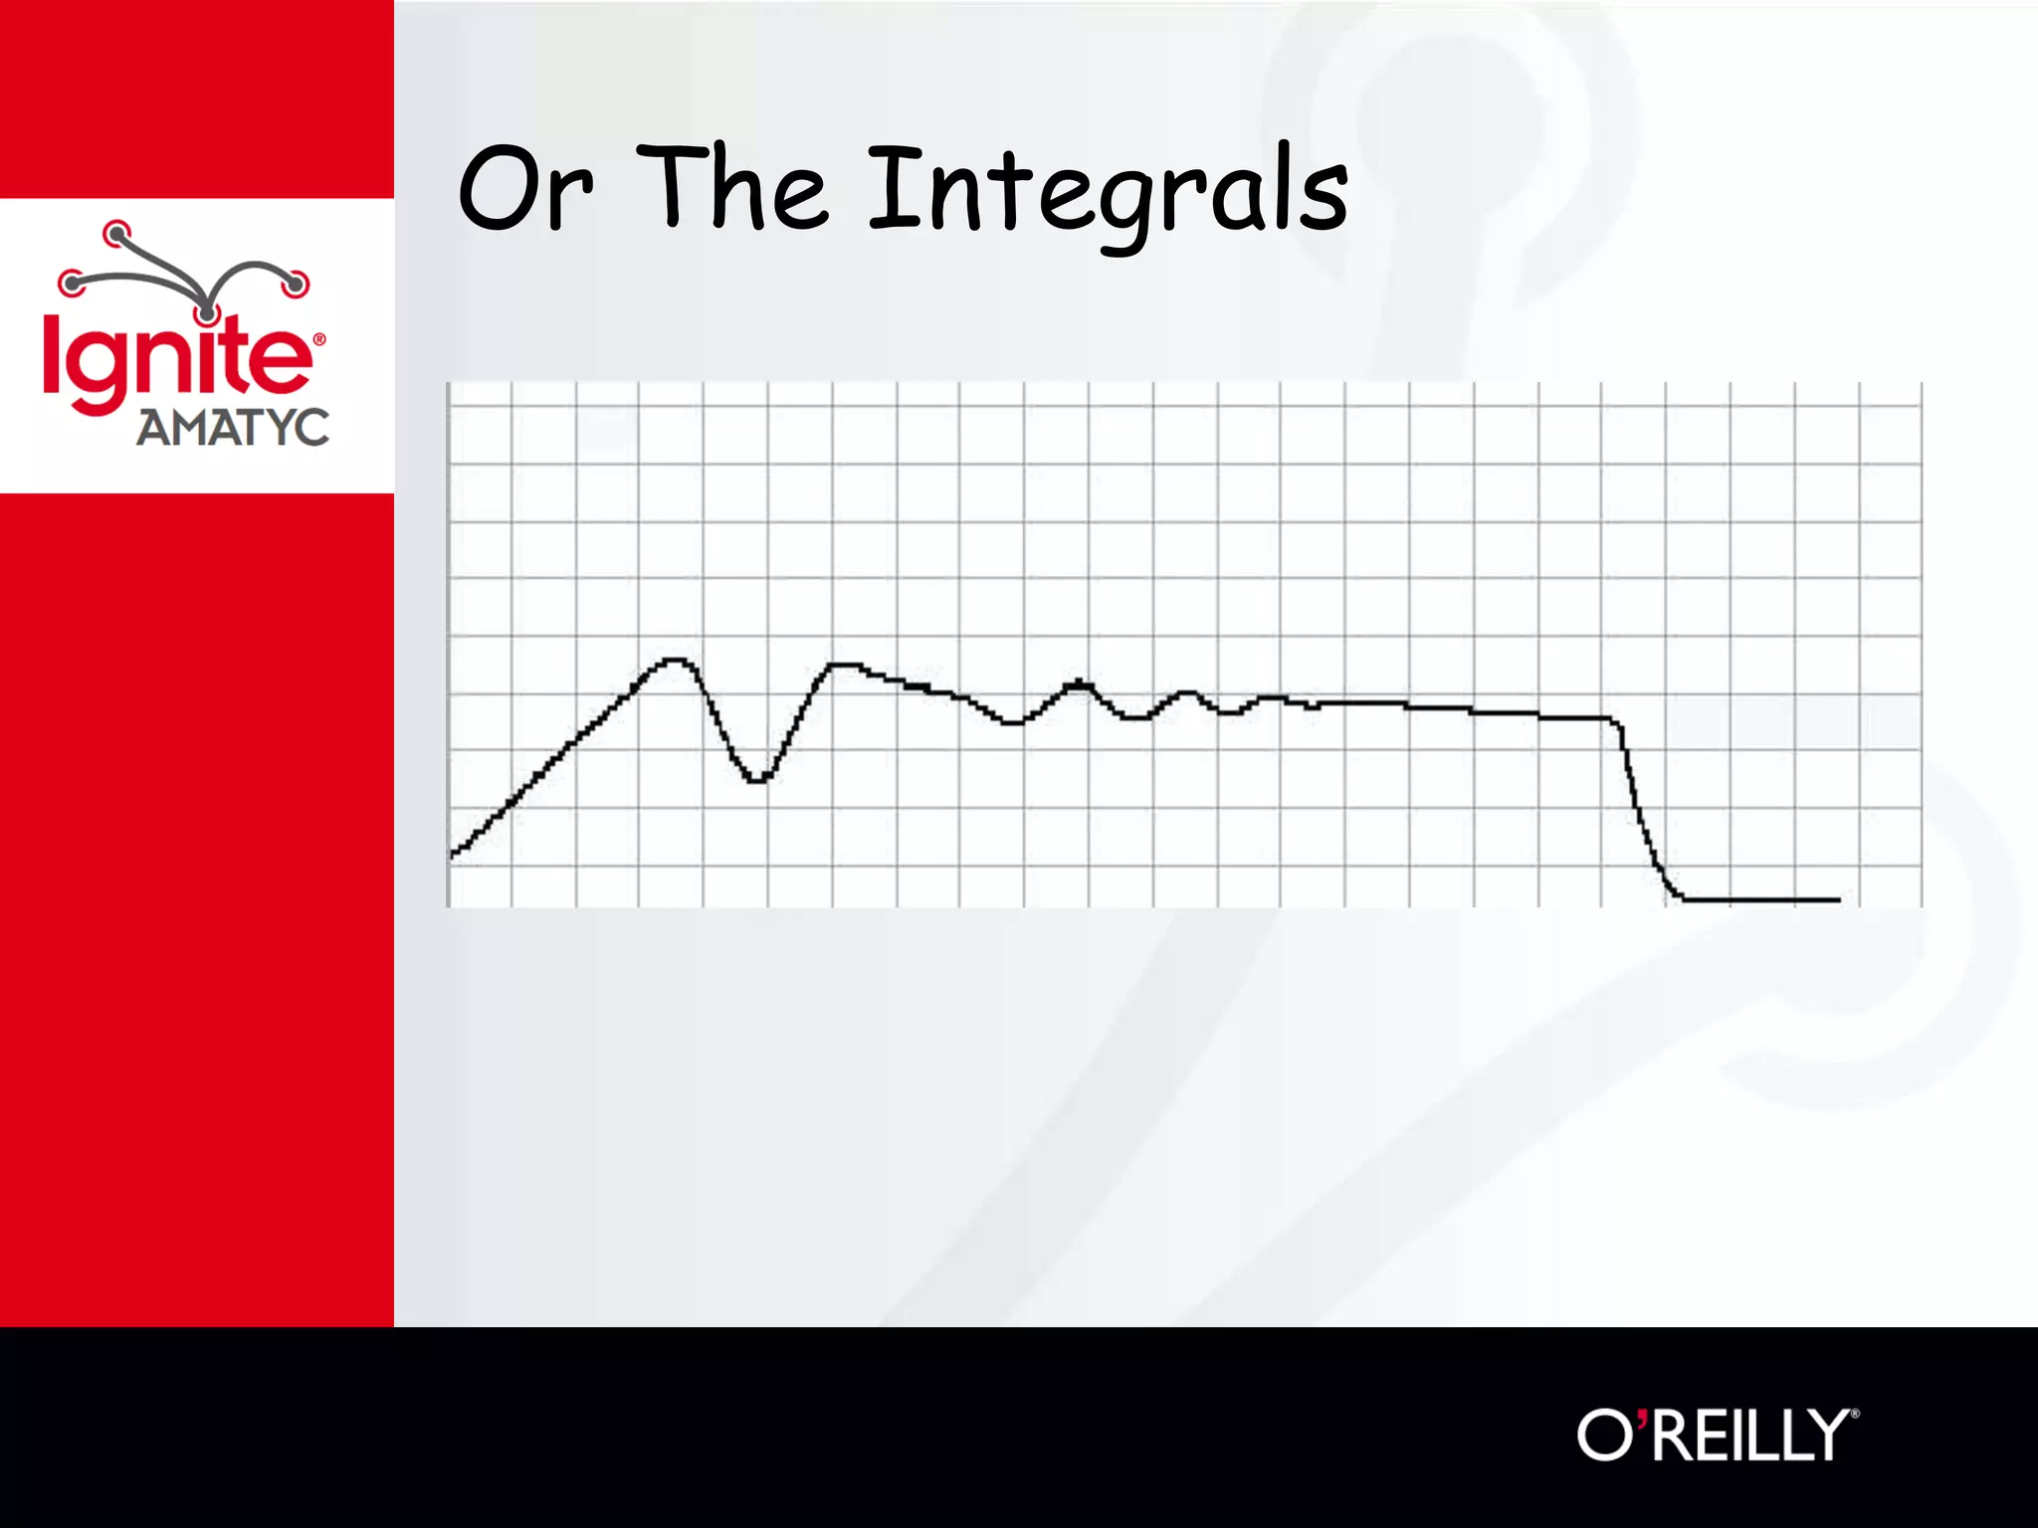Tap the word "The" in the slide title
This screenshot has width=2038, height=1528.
(x=731, y=189)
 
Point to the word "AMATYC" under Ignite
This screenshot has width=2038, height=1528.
(x=232, y=428)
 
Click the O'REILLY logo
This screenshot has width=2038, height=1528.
(x=1717, y=1434)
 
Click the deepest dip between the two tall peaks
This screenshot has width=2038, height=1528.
(x=757, y=781)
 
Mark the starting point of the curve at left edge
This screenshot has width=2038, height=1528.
(x=453, y=854)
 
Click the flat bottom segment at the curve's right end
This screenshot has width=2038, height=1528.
(x=1761, y=900)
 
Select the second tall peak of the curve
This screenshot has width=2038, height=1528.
(x=844, y=664)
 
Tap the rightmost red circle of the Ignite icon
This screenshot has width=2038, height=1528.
(x=296, y=284)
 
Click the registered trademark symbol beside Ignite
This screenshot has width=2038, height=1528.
(x=319, y=340)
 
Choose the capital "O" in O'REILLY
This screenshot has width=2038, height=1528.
(x=1603, y=1434)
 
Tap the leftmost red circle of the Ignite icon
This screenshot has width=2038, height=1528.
(x=71, y=283)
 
